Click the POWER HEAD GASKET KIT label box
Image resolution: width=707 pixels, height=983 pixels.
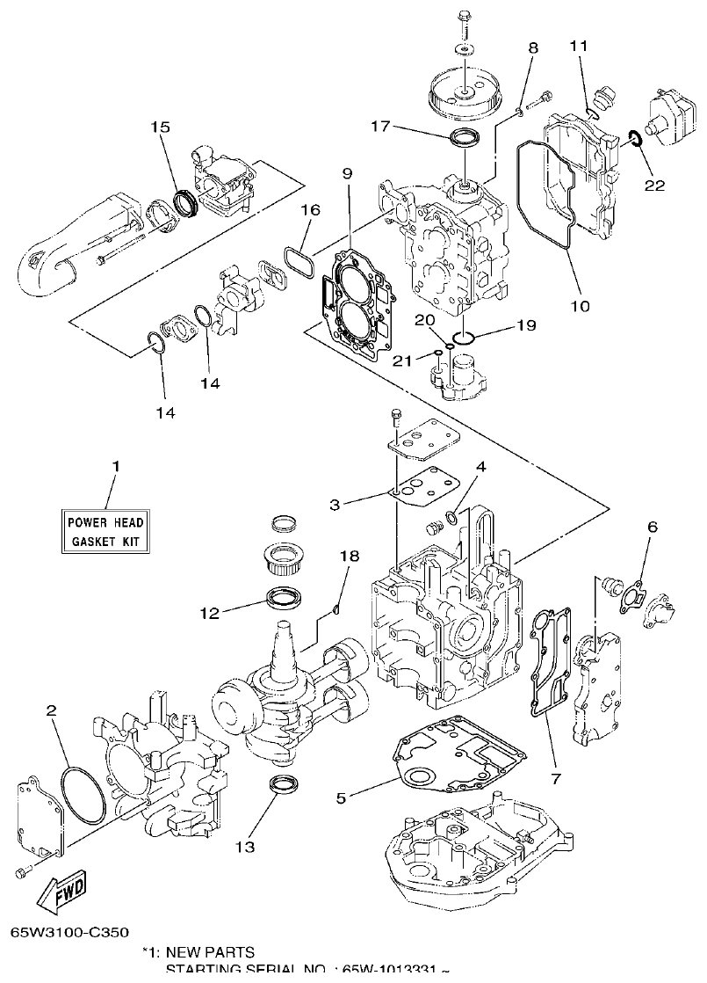[x=106, y=530]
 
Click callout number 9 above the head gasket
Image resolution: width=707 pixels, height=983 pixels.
[x=347, y=174]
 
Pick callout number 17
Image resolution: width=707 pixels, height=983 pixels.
[x=379, y=126]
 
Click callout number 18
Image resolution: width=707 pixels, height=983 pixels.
[x=350, y=556]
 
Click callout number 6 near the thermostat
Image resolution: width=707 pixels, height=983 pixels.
[x=652, y=527]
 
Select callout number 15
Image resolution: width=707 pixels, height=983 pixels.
[x=160, y=127]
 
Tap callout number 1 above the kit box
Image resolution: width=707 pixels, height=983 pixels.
[x=114, y=464]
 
